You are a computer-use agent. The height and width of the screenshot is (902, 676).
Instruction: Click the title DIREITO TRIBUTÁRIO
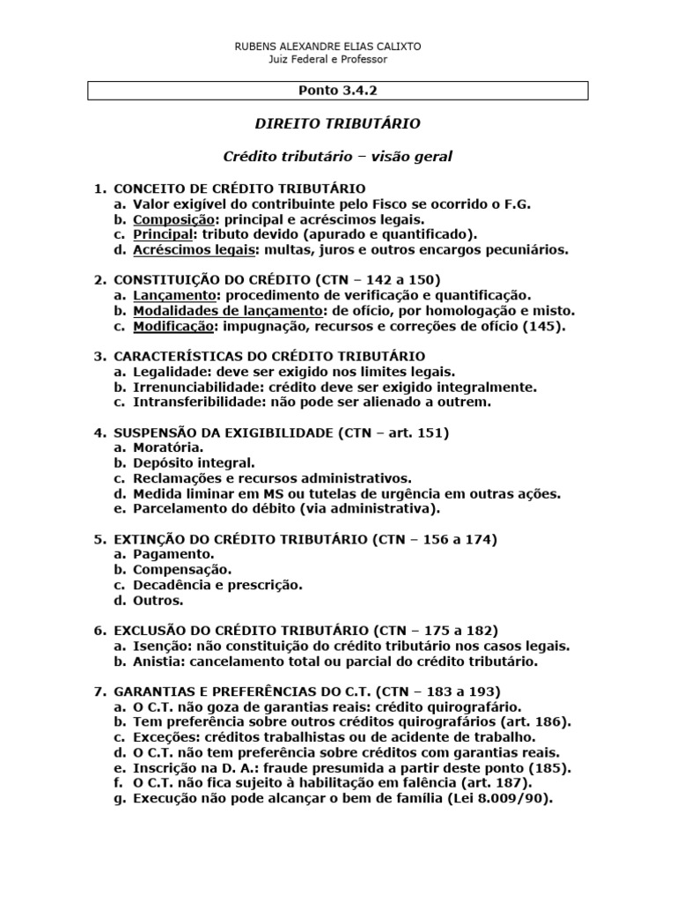(x=338, y=123)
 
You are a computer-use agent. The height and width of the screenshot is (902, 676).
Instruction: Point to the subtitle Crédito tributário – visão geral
(x=338, y=157)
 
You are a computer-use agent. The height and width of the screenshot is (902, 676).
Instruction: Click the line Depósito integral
(x=194, y=463)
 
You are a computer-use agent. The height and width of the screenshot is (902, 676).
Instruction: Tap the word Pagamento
(x=173, y=554)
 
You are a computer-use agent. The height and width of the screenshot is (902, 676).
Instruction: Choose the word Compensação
(x=182, y=570)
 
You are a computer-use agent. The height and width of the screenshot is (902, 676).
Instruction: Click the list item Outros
(x=158, y=601)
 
